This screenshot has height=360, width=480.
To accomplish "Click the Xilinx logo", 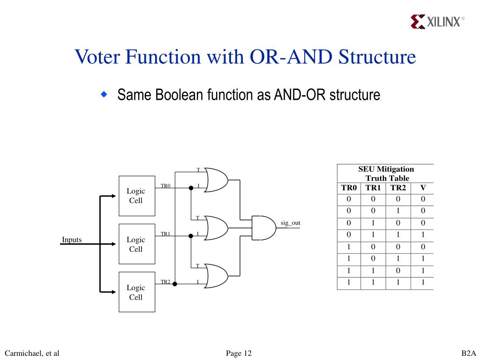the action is pyautogui.click(x=437, y=22).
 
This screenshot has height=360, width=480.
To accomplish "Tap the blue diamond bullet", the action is pyautogui.click(x=105, y=94).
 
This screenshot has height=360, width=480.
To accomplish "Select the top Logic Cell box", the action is pyautogui.click(x=137, y=196).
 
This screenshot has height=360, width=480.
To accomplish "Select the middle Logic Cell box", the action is pyautogui.click(x=137, y=244).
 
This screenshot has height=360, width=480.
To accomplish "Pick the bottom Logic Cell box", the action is pyautogui.click(x=137, y=292).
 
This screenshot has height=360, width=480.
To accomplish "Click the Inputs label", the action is pyautogui.click(x=72, y=240).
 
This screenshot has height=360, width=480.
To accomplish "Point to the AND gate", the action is pyautogui.click(x=264, y=228).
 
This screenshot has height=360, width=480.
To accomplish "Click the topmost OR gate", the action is pyautogui.click(x=216, y=180).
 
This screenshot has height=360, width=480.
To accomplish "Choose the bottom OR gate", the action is pyautogui.click(x=216, y=276).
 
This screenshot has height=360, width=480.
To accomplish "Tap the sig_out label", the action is pyautogui.click(x=291, y=223).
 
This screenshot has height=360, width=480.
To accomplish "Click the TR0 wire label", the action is pyautogui.click(x=165, y=186).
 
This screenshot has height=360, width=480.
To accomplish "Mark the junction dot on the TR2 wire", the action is pyautogui.click(x=175, y=284).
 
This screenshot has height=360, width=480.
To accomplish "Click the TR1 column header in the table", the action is pyautogui.click(x=373, y=187).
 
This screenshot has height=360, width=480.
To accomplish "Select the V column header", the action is pyautogui.click(x=423, y=187).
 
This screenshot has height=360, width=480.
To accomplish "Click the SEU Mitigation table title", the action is pyautogui.click(x=386, y=173).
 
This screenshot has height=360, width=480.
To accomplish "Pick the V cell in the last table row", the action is pyautogui.click(x=423, y=282).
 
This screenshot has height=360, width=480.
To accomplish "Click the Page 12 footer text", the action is pyautogui.click(x=239, y=353).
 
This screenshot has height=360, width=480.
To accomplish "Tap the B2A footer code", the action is pyautogui.click(x=469, y=353).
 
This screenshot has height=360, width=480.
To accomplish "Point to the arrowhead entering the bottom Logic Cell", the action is pyautogui.click(x=113, y=292).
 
